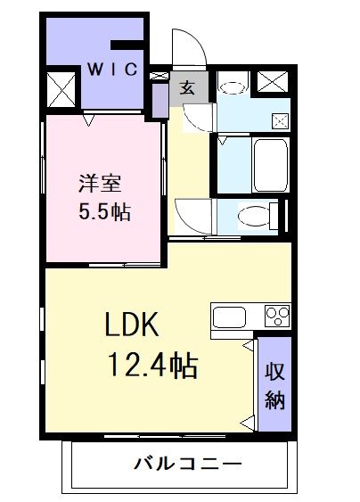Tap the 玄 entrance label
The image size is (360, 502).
pos(189,86)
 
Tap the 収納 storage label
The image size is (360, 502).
pos(274,386)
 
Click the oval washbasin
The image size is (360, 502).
pos(233,86)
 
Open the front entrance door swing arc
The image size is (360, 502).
pos(190,49)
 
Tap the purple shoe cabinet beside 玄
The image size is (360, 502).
pos(160,95)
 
